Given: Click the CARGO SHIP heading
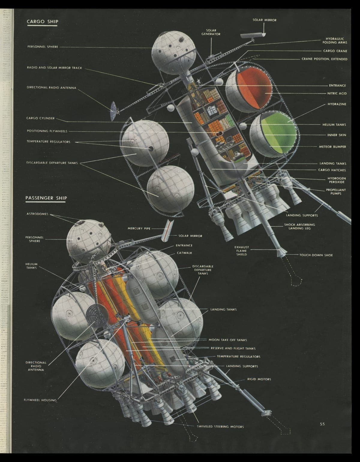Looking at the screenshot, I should (x=42, y=22).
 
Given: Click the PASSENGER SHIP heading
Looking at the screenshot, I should (x=46, y=198).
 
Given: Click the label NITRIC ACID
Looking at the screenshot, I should (x=337, y=94).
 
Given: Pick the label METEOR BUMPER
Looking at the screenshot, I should (x=332, y=147).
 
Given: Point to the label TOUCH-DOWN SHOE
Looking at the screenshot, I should (x=316, y=255).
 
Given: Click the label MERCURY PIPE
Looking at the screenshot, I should (x=139, y=228).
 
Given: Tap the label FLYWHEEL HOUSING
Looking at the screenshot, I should (x=40, y=400).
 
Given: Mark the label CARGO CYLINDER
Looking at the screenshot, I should (x=40, y=118).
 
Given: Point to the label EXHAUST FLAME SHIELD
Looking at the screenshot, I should (x=241, y=251).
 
